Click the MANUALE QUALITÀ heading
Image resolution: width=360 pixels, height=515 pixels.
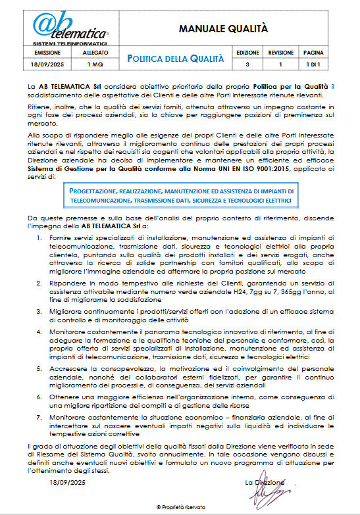click(x=224, y=28)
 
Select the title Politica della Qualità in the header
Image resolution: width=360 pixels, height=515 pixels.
click(x=176, y=59)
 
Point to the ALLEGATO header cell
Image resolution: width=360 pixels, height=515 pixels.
click(x=91, y=52)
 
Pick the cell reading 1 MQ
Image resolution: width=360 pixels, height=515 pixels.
click(x=91, y=64)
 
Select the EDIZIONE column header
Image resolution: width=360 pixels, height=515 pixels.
click(x=247, y=52)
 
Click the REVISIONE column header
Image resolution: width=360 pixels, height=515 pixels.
click(x=281, y=52)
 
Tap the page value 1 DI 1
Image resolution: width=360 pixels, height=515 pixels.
click(x=313, y=64)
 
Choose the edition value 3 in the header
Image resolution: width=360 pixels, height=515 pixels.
click(x=247, y=64)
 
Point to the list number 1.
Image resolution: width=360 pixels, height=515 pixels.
click(x=41, y=236)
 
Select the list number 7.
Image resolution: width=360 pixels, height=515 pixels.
click(x=41, y=418)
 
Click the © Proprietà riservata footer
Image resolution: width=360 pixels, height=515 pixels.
click(x=180, y=506)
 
